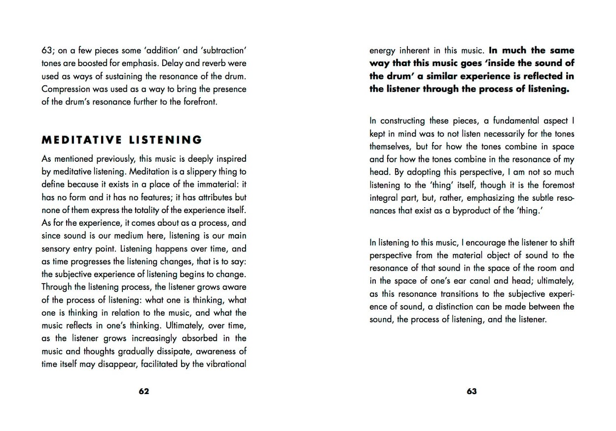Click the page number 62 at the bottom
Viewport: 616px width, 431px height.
point(144,392)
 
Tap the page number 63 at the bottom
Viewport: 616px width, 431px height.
point(471,392)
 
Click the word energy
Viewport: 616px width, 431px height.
point(383,50)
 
